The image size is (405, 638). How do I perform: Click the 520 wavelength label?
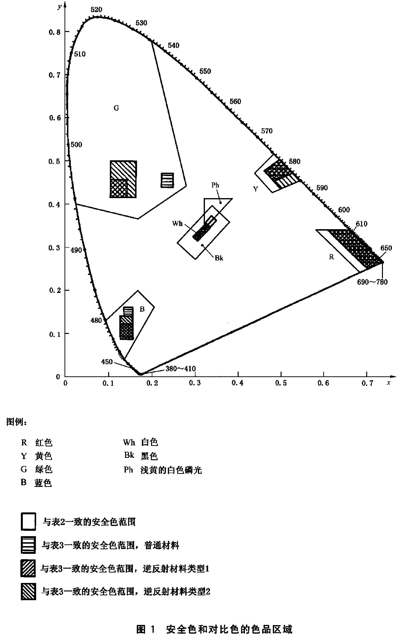(96, 10)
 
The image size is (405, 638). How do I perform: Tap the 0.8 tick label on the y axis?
(55, 32)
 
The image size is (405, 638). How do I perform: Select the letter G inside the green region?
(116, 108)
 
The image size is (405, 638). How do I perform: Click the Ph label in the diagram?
(215, 185)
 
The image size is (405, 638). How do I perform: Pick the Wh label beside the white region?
(177, 223)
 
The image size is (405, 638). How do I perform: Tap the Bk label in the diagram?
(219, 258)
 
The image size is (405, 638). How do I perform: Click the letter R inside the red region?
(331, 257)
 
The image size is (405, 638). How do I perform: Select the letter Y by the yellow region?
(256, 189)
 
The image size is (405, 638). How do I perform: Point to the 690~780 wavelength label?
(372, 282)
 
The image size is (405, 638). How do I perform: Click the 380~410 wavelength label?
(180, 369)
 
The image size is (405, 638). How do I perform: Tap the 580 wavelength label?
(294, 161)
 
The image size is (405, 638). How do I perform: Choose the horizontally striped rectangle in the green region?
(168, 180)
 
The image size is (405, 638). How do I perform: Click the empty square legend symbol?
(28, 522)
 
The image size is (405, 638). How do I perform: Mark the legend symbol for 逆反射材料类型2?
(28, 591)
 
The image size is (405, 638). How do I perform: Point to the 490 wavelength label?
(76, 250)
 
